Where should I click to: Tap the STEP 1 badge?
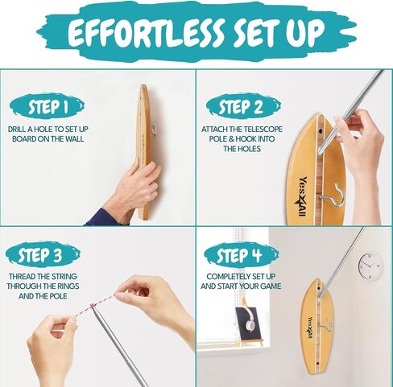(x=48, y=106)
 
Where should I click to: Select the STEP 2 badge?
(x=244, y=106)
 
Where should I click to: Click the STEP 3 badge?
(x=43, y=254)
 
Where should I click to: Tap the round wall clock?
(x=370, y=266)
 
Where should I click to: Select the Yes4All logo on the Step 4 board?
(x=310, y=328)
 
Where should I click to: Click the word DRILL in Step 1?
(x=17, y=130)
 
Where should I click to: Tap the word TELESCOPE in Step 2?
(x=263, y=130)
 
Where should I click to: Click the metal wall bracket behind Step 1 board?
(x=153, y=130)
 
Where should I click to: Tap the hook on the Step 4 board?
(x=326, y=325)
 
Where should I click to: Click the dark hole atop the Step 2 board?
(x=321, y=132)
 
